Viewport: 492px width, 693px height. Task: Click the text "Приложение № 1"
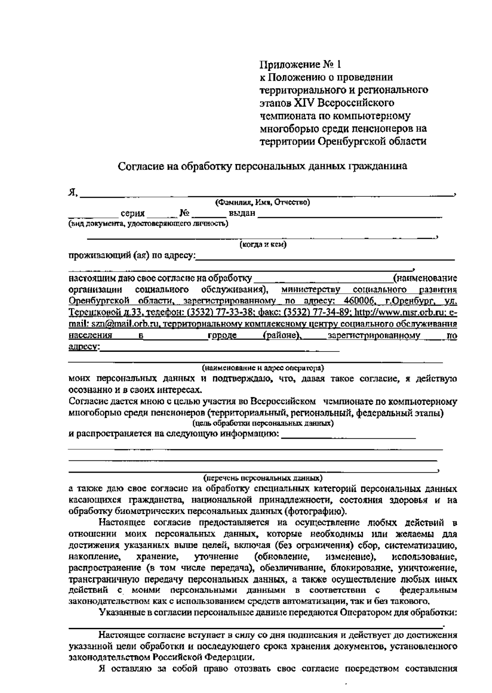tap(300, 65)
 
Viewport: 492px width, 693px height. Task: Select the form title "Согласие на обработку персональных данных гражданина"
tap(262, 166)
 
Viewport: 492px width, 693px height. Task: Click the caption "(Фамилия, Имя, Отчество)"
tap(262, 202)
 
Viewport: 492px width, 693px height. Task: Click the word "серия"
tap(133, 213)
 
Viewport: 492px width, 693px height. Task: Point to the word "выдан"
tap(242, 213)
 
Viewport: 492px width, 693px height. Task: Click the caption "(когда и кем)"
tap(263, 245)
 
